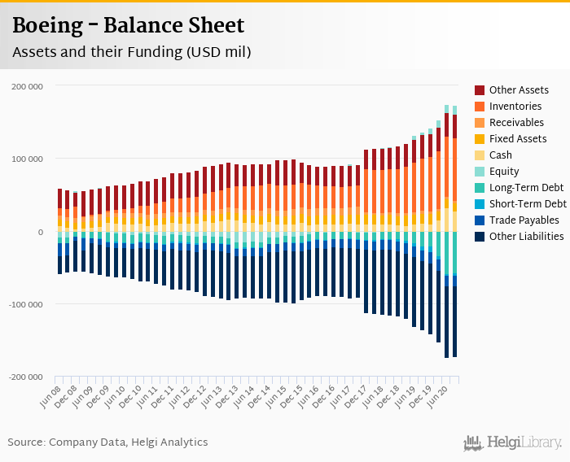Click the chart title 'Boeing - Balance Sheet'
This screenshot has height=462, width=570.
point(128,26)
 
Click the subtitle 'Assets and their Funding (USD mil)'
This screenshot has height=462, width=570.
point(131,52)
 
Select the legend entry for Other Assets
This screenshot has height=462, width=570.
point(519,90)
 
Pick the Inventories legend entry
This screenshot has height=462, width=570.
point(515,107)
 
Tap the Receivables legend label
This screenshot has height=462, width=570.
point(516,123)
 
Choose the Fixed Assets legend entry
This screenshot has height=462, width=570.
point(517,139)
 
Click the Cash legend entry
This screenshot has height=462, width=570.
point(502,155)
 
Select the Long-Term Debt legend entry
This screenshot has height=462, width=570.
point(526,188)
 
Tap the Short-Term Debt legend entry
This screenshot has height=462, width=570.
point(528,204)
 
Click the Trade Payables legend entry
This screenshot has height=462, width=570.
point(524,220)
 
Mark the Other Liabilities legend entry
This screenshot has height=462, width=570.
point(526,237)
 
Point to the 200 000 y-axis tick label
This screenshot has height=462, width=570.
point(28,86)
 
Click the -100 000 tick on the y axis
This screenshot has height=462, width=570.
point(26,305)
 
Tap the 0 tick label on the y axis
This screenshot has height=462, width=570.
point(40,233)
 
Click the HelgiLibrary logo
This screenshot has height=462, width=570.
point(513,442)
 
